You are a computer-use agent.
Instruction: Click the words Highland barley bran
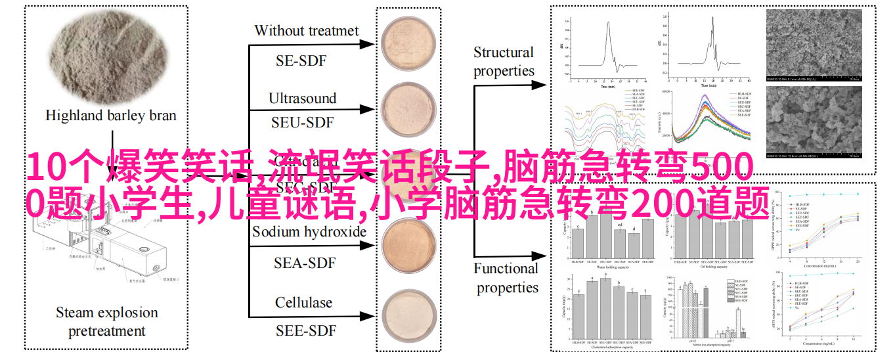(110, 116)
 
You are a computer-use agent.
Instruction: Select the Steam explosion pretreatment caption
(106, 321)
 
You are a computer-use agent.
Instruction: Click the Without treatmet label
(306, 31)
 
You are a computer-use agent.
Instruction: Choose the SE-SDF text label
(301, 61)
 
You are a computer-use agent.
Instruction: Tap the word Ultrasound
(302, 99)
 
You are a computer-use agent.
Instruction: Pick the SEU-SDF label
(302, 123)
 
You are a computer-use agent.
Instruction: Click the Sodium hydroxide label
(309, 232)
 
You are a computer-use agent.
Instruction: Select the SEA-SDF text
(304, 263)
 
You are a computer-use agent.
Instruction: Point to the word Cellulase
(303, 303)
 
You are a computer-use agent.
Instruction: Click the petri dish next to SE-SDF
(408, 45)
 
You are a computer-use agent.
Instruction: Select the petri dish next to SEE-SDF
(408, 317)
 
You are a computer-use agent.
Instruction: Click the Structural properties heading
(504, 62)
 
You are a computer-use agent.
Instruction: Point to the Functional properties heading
(506, 278)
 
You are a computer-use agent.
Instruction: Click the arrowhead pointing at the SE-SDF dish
(370, 45)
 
